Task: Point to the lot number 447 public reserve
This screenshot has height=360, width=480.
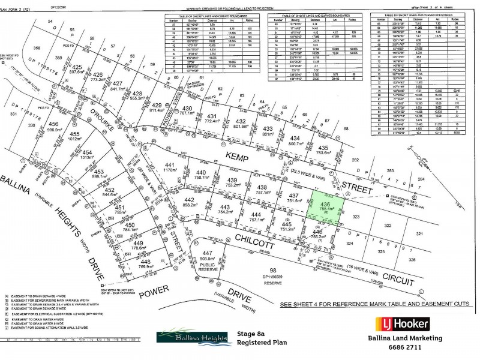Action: click(x=207, y=253)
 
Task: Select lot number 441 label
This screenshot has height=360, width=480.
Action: click(x=170, y=165)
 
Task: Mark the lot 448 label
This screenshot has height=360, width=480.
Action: click(x=145, y=262)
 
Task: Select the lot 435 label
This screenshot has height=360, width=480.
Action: click(x=325, y=148)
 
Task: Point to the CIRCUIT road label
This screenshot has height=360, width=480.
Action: click(x=394, y=280)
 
